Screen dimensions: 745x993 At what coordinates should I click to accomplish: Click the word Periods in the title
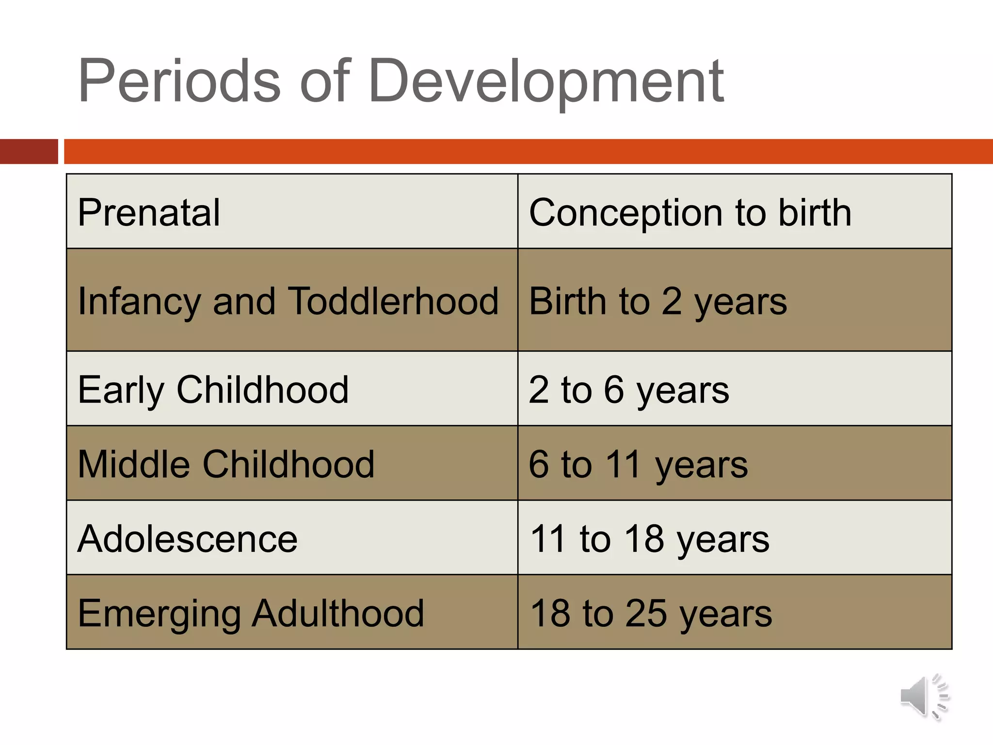[x=179, y=81]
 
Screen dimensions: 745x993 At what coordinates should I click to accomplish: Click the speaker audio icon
[x=924, y=696]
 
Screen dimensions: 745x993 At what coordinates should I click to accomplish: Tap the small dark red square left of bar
[x=29, y=151]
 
